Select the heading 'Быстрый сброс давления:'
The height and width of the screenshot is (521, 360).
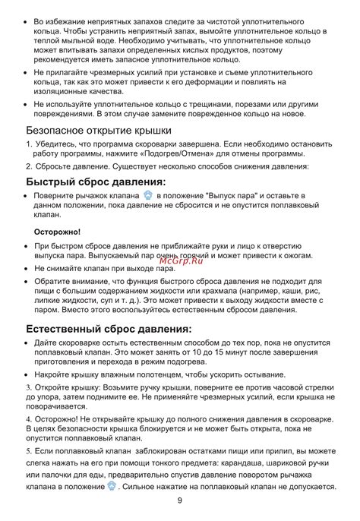[x=95, y=182]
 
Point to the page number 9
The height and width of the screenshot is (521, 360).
[x=179, y=500]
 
